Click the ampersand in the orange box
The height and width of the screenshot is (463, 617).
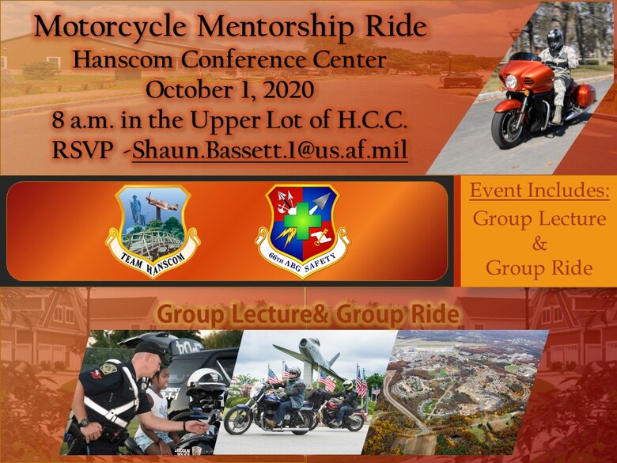tap(539, 243)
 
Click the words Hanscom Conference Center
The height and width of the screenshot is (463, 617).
tap(229, 59)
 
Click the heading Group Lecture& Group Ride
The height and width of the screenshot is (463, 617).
tap(308, 314)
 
